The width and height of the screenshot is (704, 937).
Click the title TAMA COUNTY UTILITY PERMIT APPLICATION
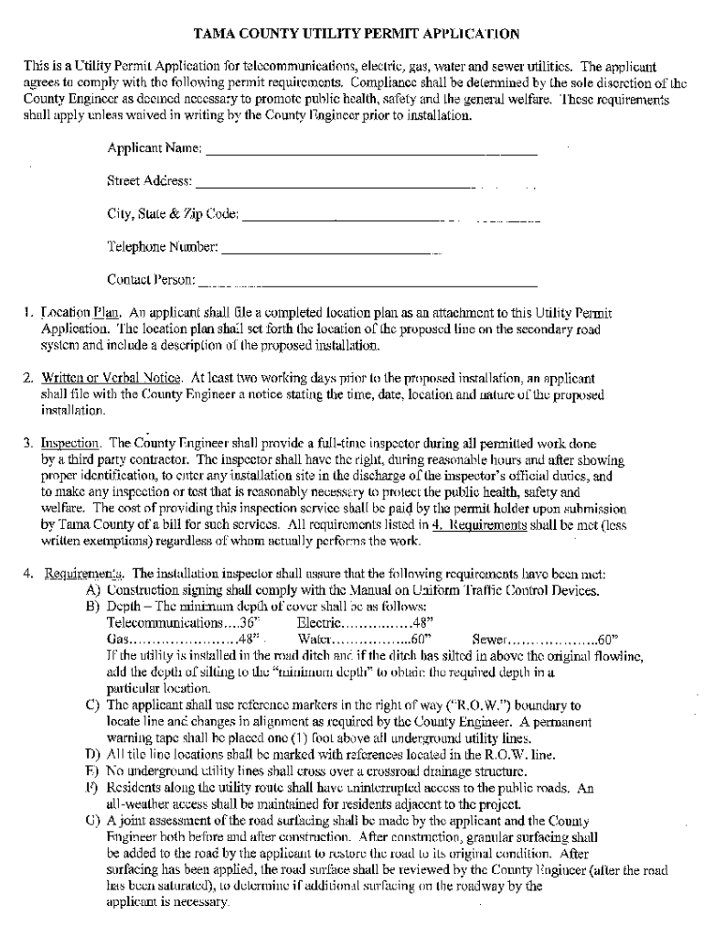pyautogui.click(x=357, y=35)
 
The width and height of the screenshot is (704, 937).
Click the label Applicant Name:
pyautogui.click(x=155, y=148)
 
